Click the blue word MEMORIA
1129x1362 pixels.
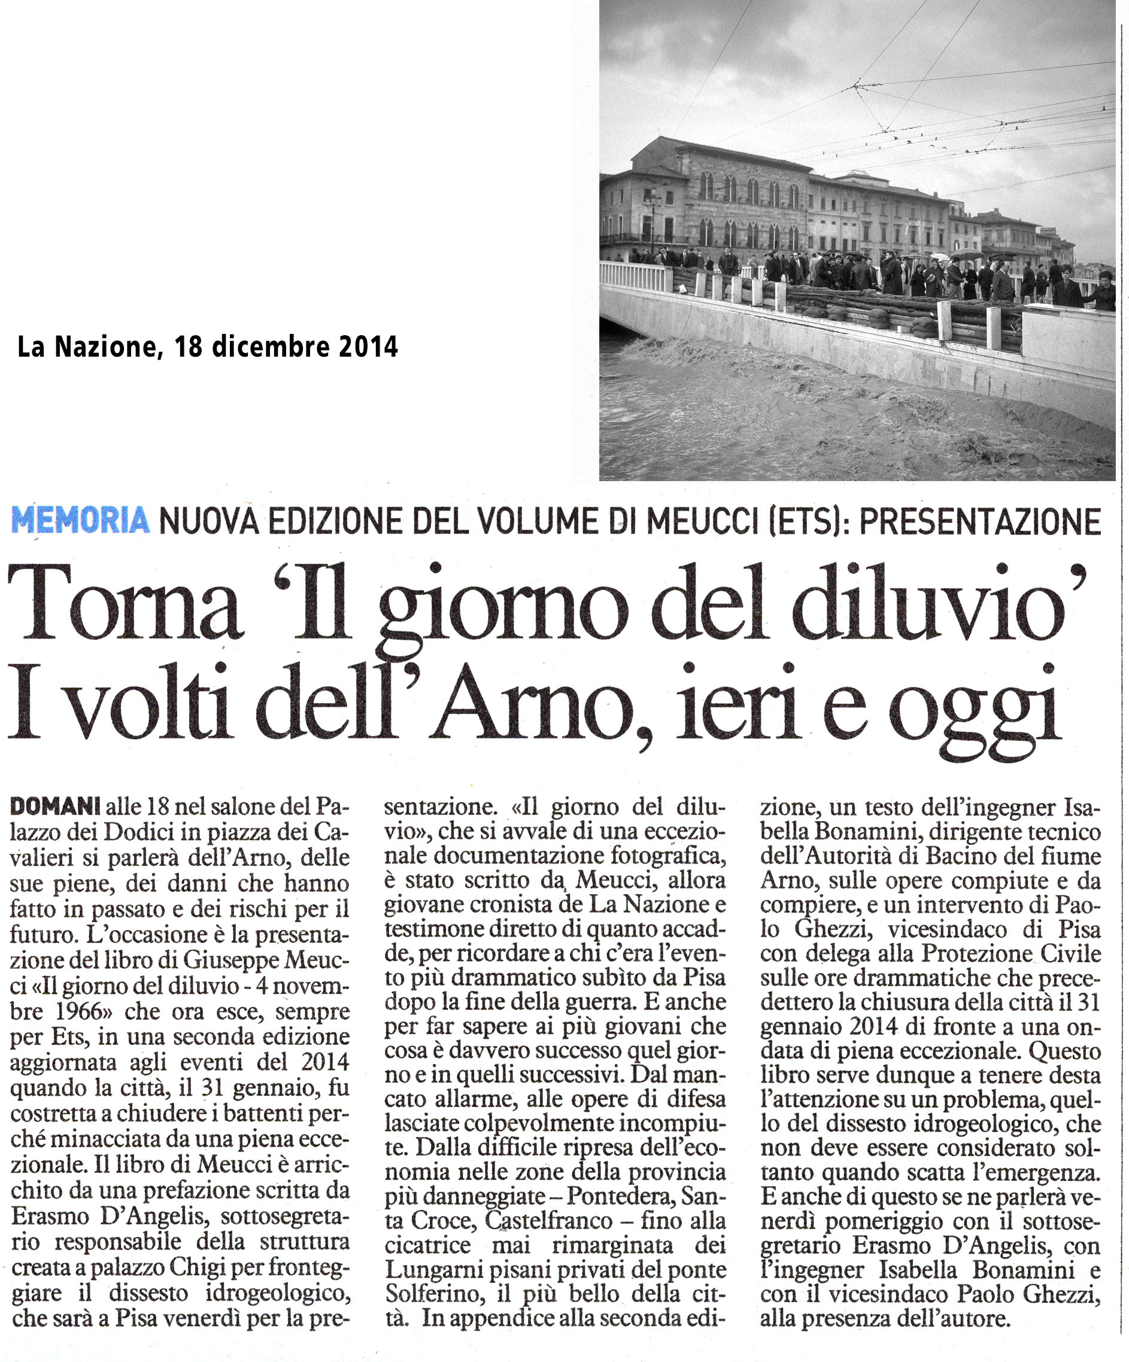[x=80, y=521]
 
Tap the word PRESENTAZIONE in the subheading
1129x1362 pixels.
[x=980, y=521]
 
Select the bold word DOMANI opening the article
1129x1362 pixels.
[x=56, y=806]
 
